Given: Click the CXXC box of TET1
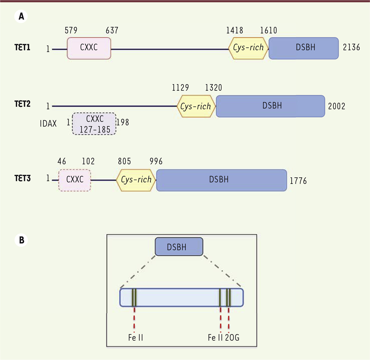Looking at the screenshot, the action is point(89,48).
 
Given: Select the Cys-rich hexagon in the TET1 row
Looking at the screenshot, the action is point(248,48).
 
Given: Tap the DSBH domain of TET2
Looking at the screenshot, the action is point(270,106).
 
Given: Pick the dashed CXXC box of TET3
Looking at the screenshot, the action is point(75,180).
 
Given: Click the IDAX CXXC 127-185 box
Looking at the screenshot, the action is point(94,124).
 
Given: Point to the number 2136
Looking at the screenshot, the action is point(351,47).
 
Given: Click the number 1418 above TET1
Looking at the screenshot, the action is point(235,31).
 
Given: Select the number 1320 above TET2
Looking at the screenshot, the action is point(214,88).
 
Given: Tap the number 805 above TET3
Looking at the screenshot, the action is point(124,161).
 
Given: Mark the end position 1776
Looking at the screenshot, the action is point(298,181).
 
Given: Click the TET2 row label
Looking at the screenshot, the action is point(22,104).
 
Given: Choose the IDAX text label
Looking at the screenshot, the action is point(48,124).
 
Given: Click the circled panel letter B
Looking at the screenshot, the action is point(21,240).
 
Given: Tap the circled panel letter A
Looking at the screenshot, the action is point(21,16).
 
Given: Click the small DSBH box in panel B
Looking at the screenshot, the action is point(179,247).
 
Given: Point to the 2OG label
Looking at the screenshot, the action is point(232,338).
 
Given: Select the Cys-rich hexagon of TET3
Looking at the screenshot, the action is point(136,180).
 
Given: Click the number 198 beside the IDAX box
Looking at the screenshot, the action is point(123,122).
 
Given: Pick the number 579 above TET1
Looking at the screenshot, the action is point(71,31).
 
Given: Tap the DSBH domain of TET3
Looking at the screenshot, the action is point(222,180).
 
